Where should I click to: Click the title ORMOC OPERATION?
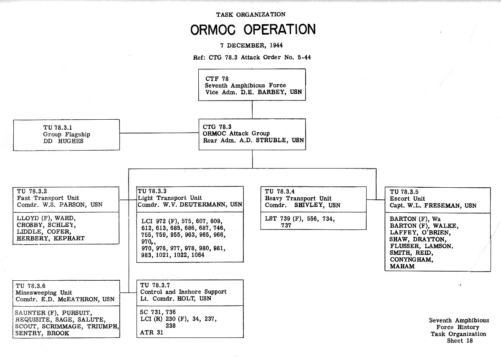click(253, 30)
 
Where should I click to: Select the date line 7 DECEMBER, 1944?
click(251, 45)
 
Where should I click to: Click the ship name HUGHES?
click(71, 141)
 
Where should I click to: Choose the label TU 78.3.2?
click(32, 191)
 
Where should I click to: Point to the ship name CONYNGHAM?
click(412, 259)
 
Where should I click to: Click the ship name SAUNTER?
click(30, 313)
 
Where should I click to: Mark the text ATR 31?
click(152, 332)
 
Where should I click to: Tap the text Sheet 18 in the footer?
click(460, 341)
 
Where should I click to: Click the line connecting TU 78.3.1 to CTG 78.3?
click(159, 133)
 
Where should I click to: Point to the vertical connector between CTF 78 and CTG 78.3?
click(252, 110)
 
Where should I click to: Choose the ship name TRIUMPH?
click(103, 327)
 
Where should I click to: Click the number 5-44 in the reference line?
click(304, 58)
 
